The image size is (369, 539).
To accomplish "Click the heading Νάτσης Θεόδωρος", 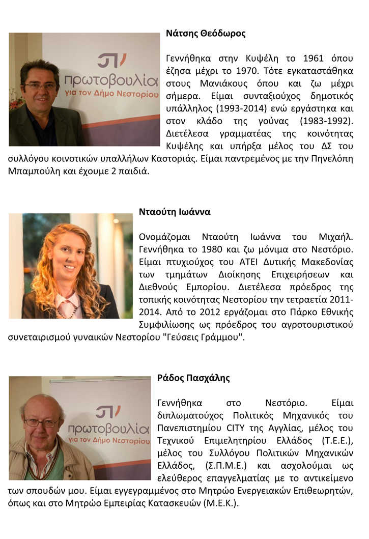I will pyautogui.click(x=206, y=34).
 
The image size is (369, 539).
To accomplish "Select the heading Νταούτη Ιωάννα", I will pyautogui.click(x=175, y=212).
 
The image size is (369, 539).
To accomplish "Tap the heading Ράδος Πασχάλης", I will pyautogui.click(x=193, y=378).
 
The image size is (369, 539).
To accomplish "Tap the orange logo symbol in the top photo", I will pyautogui.click(x=111, y=60).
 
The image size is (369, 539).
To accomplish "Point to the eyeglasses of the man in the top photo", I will pyautogui.click(x=39, y=86).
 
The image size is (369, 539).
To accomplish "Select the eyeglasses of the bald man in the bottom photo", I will pyautogui.click(x=42, y=422).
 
